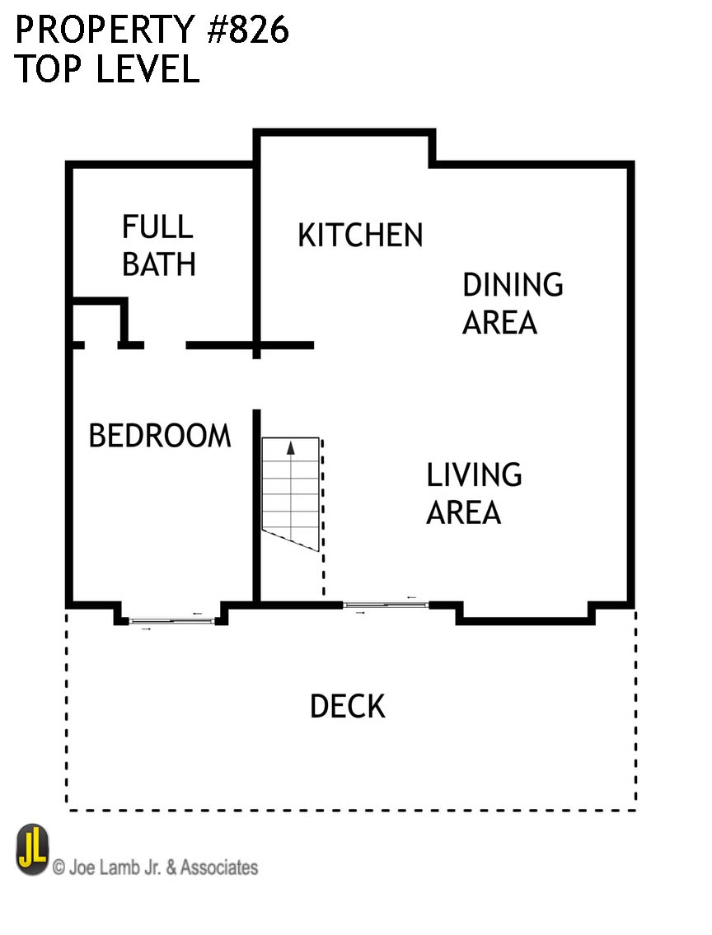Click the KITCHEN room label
pos(360,235)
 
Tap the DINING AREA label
pos(513,303)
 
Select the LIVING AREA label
pos(474,493)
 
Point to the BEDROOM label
pos(159,435)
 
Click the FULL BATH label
pos(158,245)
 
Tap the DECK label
pos(348,707)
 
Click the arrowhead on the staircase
pos(291,448)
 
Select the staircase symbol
pos(290,494)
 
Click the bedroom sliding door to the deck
pos(171,621)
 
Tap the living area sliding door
pos(386,605)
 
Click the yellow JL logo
pos(32,849)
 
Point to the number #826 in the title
pos(248,30)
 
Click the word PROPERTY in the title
pos(105,30)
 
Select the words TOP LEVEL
pos(107,68)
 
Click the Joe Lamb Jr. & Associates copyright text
pos(156,867)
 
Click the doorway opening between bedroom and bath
pos(165,345)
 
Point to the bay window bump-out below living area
pos(526,615)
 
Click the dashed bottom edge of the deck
pos(351,811)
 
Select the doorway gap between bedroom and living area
pos(257,384)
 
